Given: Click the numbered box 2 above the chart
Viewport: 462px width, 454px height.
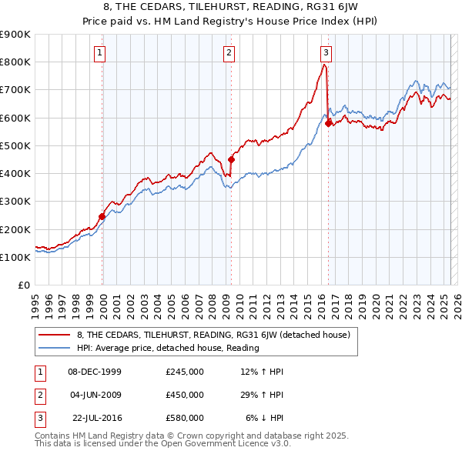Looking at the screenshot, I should tap(229, 53).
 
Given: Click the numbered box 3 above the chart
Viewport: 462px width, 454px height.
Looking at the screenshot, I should tap(326, 53).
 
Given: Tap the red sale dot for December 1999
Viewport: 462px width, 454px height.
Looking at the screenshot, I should tap(102, 217).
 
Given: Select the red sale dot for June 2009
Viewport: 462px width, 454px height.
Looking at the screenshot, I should tap(230, 160).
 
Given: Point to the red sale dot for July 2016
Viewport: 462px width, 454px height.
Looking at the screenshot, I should tap(328, 123).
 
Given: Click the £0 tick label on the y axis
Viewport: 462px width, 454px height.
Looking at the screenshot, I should tap(24, 285).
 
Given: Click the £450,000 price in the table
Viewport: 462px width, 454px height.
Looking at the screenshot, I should tap(184, 395).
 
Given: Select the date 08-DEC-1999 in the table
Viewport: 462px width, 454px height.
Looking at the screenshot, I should tap(95, 372).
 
